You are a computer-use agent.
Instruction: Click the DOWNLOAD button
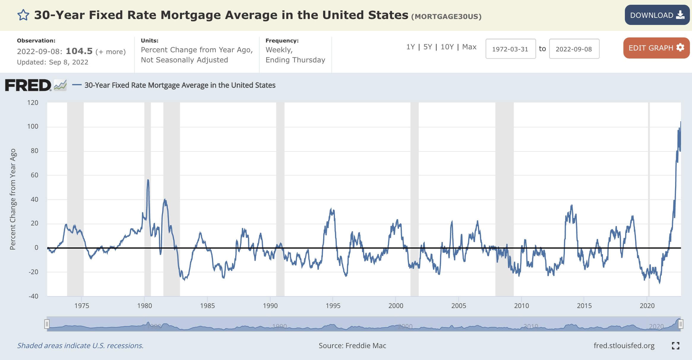pos(657,15)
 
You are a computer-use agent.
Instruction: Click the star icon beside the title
pos(23,15)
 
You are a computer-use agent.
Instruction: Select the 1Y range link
pos(410,47)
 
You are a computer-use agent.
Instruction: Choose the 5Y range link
pos(427,47)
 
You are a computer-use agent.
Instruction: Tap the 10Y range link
pos(447,47)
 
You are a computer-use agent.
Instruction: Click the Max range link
pos(469,47)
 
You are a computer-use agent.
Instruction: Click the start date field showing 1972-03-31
pos(510,49)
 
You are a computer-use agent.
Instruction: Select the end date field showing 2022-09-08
pos(574,49)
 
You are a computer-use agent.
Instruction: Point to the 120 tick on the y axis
pos(33,103)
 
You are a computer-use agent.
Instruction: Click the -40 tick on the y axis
pos(33,296)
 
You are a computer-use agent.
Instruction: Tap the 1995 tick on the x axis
pos(333,306)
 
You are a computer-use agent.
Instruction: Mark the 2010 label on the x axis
pos(522,306)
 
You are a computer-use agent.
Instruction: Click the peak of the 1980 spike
pos(148,180)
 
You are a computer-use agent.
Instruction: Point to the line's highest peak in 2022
pos(680,122)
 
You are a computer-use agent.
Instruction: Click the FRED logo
pos(28,85)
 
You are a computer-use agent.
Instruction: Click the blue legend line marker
pos(77,85)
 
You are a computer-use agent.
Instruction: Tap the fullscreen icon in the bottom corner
pos(675,346)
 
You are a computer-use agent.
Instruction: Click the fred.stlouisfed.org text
pos(624,346)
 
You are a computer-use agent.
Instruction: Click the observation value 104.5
pos(79,51)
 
